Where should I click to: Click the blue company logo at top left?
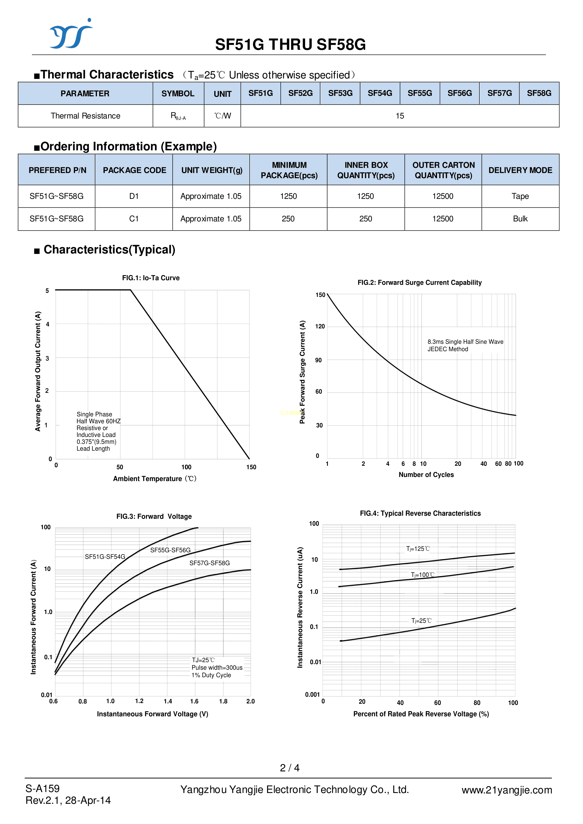click(71, 34)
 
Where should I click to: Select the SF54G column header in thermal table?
click(380, 93)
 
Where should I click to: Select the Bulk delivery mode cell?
click(520, 219)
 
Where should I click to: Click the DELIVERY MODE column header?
click(520, 170)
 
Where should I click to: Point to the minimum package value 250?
click(288, 219)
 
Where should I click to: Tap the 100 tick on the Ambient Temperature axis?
click(186, 467)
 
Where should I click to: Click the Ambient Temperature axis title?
click(155, 479)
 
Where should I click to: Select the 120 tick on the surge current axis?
click(320, 326)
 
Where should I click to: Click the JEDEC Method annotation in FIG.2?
click(448, 349)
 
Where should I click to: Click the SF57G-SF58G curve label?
click(210, 563)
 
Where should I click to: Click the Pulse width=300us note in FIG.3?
click(217, 667)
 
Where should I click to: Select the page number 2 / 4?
click(289, 768)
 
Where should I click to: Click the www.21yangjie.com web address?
click(506, 790)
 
